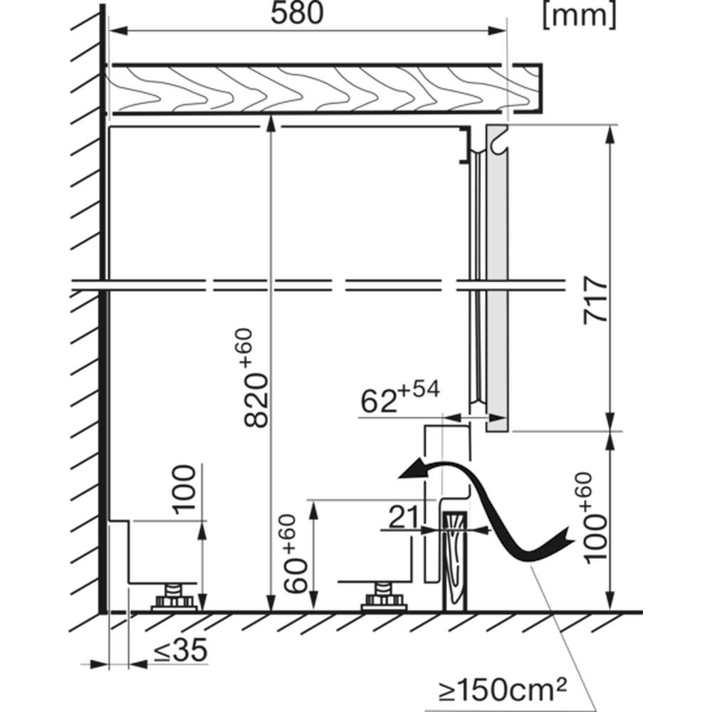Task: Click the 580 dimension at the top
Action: pos(297,13)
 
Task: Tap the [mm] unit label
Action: pos(580,16)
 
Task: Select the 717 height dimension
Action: pos(595,300)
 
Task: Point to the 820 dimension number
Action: pos(256,400)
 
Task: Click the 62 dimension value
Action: pos(378,402)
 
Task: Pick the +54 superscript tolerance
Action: pos(419,389)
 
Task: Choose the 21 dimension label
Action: pos(403,517)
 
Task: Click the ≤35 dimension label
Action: pos(181,650)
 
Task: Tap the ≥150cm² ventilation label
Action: pos(503,690)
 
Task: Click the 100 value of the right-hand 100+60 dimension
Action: pos(595,540)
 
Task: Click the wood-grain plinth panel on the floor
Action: pos(455,562)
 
